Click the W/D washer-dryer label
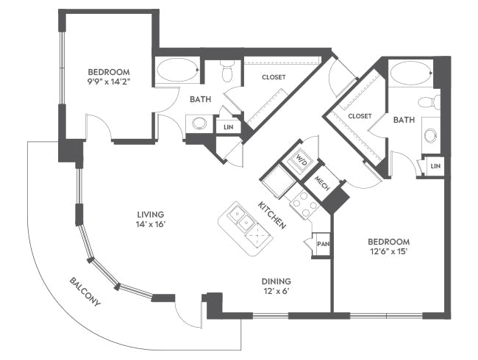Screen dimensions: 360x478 pyautogui.click(x=302, y=159)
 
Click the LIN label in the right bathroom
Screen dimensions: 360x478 pyautogui.click(x=435, y=167)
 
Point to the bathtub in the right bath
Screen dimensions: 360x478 pyautogui.click(x=410, y=73)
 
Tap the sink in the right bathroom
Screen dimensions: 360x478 pyautogui.click(x=431, y=135)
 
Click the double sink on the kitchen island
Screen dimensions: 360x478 pyautogui.click(x=240, y=216)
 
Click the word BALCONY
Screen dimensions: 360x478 pyautogui.click(x=86, y=292)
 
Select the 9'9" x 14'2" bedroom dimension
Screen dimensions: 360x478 pyautogui.click(x=108, y=82)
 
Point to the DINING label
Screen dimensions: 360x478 pyautogui.click(x=277, y=281)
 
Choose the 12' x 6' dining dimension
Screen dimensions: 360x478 pyautogui.click(x=277, y=292)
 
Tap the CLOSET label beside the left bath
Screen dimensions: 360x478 pyautogui.click(x=273, y=76)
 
